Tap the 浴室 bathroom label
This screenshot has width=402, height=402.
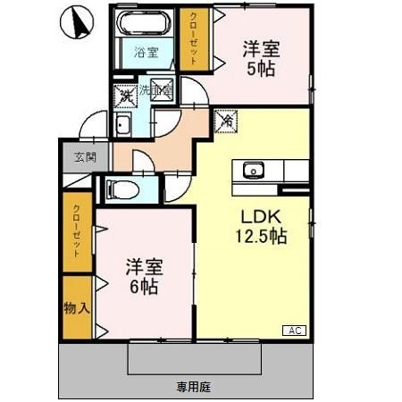click(147, 52)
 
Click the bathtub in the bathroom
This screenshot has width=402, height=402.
click(147, 27)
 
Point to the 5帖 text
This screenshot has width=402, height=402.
click(260, 68)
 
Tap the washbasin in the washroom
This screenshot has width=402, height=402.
click(122, 125)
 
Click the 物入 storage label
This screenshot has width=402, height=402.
click(77, 308)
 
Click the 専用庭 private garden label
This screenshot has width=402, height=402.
click(193, 386)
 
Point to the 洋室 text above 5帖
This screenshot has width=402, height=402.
click(260, 49)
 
